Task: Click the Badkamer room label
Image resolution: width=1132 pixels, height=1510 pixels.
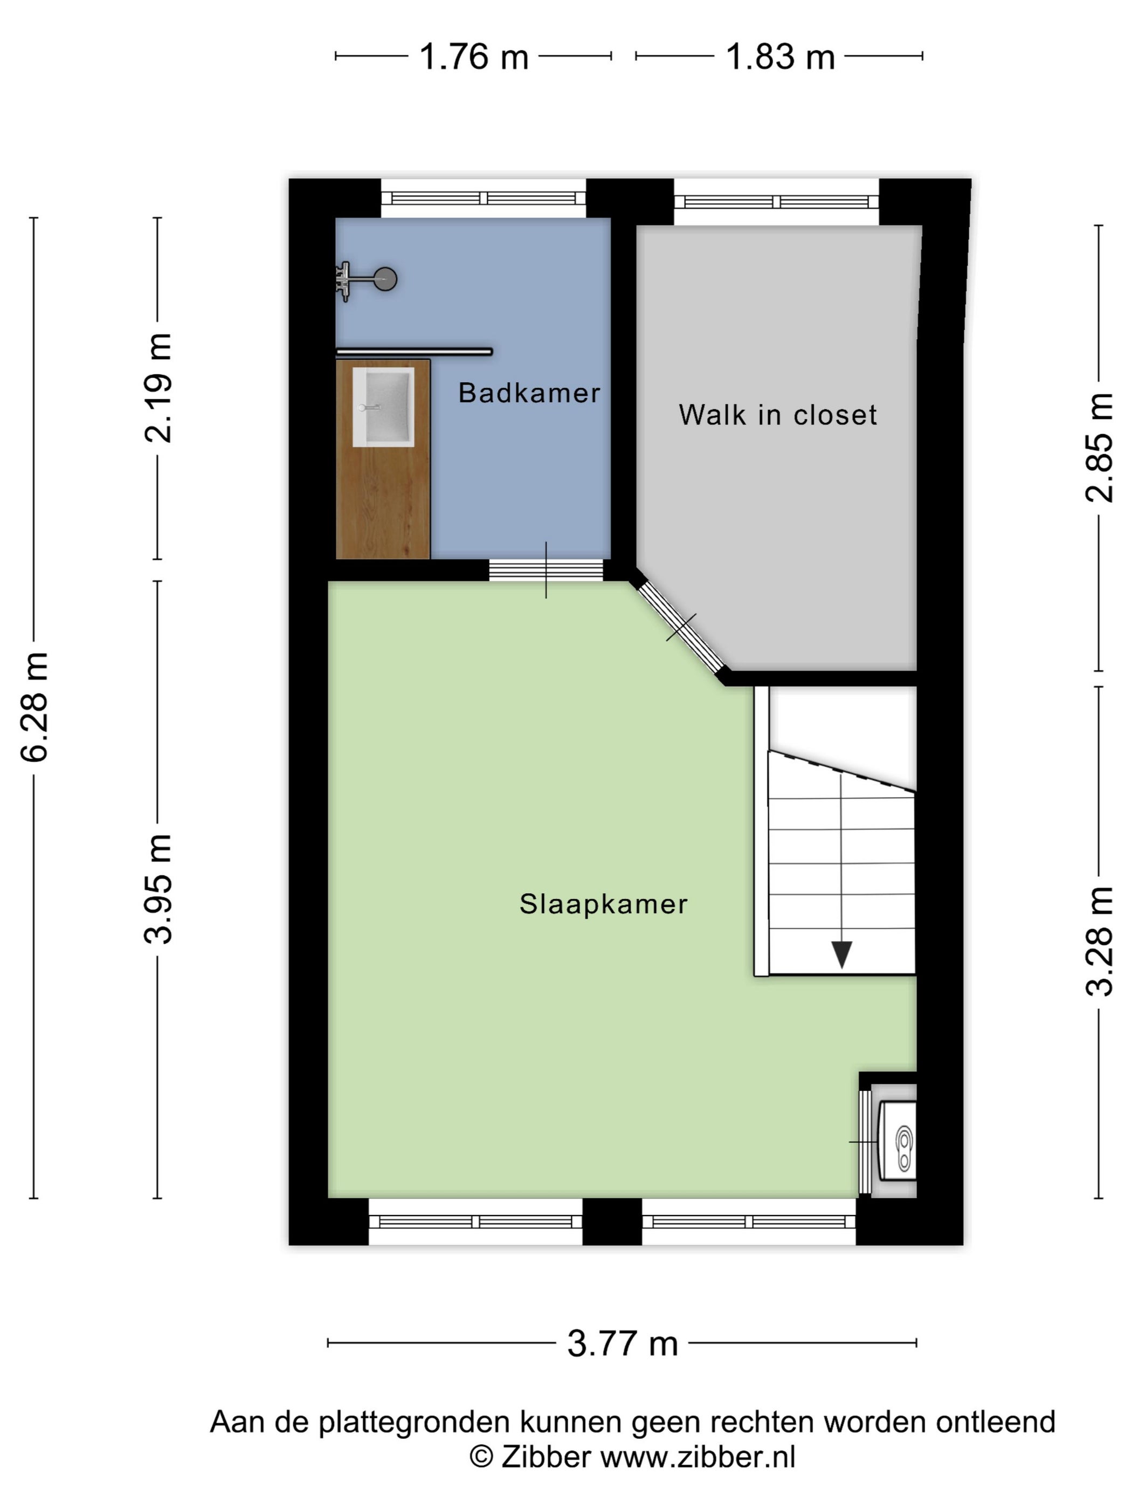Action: [529, 393]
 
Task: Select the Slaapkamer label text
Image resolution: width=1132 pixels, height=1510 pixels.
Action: [603, 904]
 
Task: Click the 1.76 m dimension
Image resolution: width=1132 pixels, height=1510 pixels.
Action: [473, 56]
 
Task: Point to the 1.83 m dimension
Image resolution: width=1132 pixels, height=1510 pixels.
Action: [780, 56]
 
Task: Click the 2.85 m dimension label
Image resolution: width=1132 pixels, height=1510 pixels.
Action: [1099, 448]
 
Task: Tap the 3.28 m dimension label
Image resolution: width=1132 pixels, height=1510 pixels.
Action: [1099, 942]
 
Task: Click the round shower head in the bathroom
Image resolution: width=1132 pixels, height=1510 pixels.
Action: [385, 278]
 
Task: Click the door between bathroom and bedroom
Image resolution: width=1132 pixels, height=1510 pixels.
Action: [546, 569]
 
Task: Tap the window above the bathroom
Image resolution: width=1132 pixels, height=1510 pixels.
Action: [483, 198]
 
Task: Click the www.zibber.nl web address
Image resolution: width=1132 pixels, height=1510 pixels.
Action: [698, 1456]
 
